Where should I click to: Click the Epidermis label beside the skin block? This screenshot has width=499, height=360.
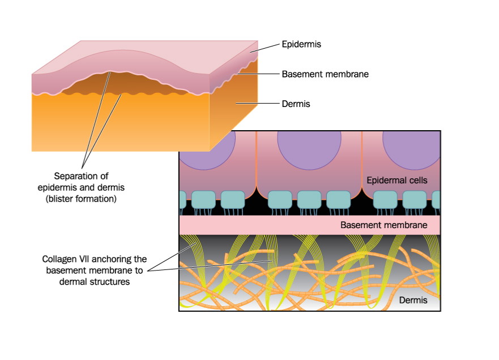click(x=301, y=44)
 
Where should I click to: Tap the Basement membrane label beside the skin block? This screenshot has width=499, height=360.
click(x=325, y=74)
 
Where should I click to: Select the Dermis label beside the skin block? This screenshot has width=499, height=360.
click(x=296, y=104)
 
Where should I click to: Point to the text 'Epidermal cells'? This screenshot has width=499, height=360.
click(x=397, y=181)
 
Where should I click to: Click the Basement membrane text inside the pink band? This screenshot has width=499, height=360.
click(x=384, y=225)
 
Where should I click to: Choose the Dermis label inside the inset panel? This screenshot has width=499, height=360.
click(x=413, y=300)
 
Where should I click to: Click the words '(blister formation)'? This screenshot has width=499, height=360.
click(x=81, y=199)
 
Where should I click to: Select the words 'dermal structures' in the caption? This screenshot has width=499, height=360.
click(x=95, y=282)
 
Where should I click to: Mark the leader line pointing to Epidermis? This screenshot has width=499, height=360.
click(x=265, y=48)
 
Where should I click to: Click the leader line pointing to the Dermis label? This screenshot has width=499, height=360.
click(x=258, y=104)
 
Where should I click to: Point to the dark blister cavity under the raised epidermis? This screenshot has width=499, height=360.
click(x=124, y=83)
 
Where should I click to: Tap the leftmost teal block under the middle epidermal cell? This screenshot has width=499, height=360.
click(x=280, y=199)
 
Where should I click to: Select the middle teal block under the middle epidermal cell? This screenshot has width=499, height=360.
click(x=309, y=199)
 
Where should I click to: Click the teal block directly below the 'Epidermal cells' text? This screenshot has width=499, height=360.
click(x=385, y=199)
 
